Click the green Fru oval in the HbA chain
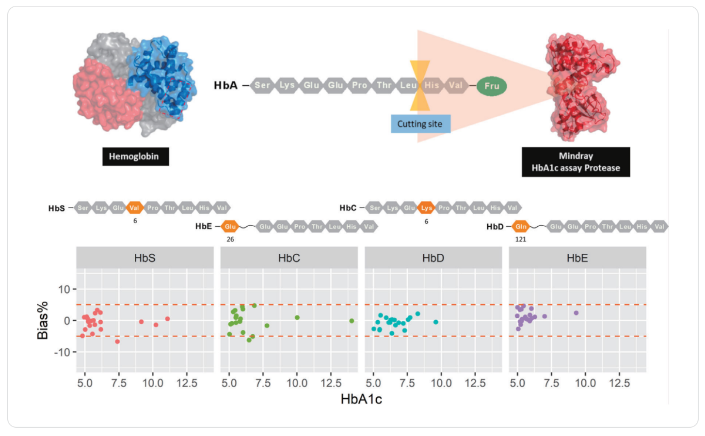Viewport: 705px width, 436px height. pos(491,86)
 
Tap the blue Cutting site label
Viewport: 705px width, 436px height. pos(420,124)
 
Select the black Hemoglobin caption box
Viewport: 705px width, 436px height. pos(135,156)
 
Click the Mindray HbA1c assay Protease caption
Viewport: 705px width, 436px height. pos(576,162)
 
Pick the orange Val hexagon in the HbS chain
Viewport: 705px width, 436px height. pos(134,208)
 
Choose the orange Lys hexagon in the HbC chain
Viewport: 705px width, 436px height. pos(426,208)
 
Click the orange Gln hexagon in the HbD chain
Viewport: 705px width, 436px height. pos(521,226)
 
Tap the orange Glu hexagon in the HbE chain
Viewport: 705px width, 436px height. pos(230,226)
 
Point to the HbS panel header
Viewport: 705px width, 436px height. pos(144,258)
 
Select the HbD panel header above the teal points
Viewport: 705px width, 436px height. pos(433,258)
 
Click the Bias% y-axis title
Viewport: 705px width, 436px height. pos(43,320)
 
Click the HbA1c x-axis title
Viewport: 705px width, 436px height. pos(361,399)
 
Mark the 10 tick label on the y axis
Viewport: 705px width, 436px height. pos(64,290)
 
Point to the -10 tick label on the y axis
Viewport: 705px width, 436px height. pos(62,352)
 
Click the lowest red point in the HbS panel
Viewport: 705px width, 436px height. pos(117,342)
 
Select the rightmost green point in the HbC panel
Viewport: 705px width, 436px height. pos(352,321)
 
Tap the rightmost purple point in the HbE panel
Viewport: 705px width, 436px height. pos(576,313)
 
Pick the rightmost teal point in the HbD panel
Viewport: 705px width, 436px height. pos(436,322)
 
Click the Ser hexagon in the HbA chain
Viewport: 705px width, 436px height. pos(262,85)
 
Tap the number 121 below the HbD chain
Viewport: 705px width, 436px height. pos(521,239)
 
